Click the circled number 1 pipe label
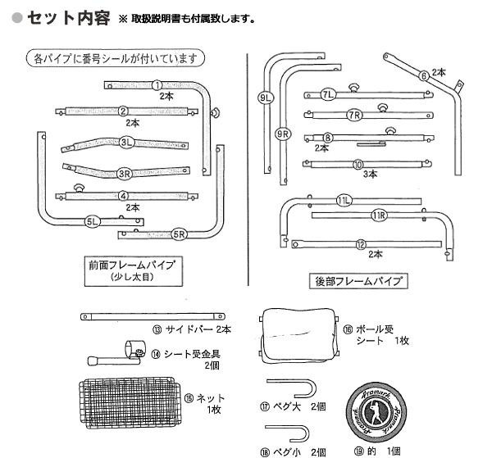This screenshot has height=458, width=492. click(157, 84)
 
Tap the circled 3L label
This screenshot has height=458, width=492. click(125, 142)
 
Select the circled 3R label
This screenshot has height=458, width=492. click(124, 173)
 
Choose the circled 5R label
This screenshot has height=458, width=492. click(179, 234)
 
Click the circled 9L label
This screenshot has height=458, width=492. click(265, 99)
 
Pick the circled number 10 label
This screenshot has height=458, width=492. click(358, 164)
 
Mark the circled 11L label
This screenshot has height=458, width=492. click(344, 201)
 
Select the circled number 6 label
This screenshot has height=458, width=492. click(424, 77)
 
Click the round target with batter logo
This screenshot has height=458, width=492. click(376, 408)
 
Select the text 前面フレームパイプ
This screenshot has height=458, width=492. click(134, 265)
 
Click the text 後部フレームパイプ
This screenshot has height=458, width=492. click(359, 281)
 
